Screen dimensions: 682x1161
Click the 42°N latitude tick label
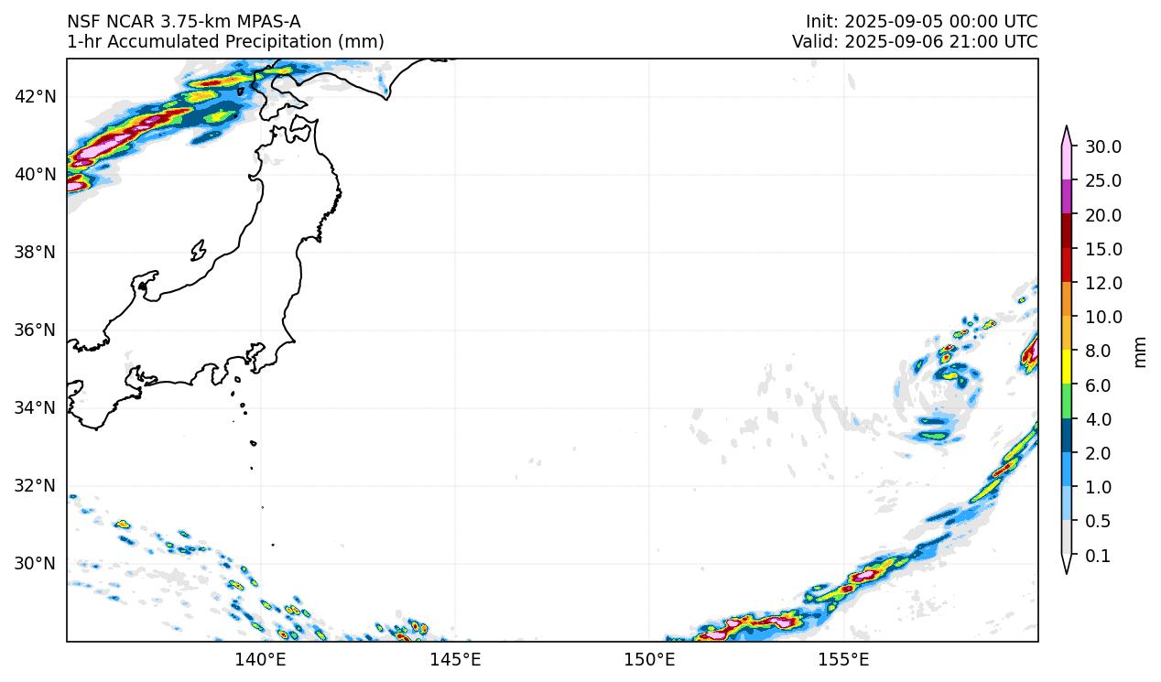point(36,96)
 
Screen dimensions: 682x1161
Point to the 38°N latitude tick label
point(36,252)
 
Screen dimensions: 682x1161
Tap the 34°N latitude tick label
point(36,407)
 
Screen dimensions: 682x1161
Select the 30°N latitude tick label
point(36,563)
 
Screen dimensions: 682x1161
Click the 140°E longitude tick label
point(261,659)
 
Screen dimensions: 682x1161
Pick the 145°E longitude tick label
point(455,659)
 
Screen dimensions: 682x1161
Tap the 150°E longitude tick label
point(649,659)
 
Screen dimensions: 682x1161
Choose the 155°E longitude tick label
point(843,659)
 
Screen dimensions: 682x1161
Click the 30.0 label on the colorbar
point(1103,146)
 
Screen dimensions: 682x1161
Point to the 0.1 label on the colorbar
point(1098,556)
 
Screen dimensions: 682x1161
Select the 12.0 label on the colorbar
point(1103,283)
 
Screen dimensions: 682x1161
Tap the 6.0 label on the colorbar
point(1098,385)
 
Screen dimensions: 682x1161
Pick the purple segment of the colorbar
point(1067,197)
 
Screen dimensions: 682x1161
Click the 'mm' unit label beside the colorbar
point(1140,352)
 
